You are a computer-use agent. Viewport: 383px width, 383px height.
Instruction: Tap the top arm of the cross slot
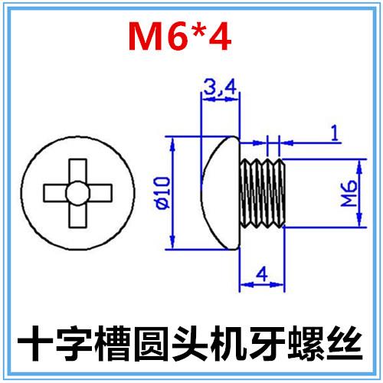(x=75, y=171)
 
